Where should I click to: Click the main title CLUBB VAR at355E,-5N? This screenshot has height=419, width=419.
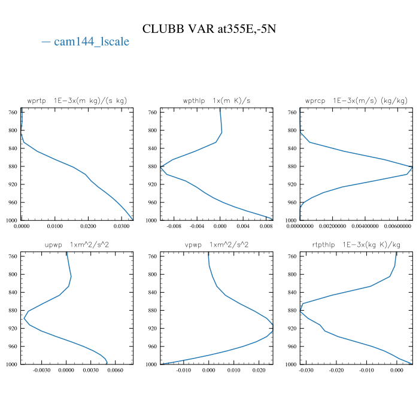pyautogui.click(x=209, y=29)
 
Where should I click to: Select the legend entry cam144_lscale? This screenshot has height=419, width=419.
pyautogui.click(x=86, y=42)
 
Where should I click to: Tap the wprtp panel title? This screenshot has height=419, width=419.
pyautogui.click(x=77, y=101)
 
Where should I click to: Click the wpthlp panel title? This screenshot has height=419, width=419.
pyautogui.click(x=217, y=101)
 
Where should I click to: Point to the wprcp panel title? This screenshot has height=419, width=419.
pyautogui.click(x=356, y=101)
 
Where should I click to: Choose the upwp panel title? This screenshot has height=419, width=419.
pyautogui.click(x=77, y=245)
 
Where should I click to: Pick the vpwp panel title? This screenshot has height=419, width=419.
pyautogui.click(x=217, y=245)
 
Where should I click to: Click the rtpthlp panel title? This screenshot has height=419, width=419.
pyautogui.click(x=356, y=245)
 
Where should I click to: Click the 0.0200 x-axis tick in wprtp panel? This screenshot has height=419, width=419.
pyautogui.click(x=88, y=227)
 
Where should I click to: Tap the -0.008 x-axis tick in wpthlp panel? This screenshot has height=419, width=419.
pyautogui.click(x=174, y=227)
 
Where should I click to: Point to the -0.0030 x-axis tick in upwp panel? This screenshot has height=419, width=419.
pyautogui.click(x=41, y=371)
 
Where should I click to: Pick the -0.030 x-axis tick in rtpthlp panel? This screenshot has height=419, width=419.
pyautogui.click(x=306, y=371)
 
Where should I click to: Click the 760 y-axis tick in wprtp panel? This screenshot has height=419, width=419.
pyautogui.click(x=13, y=113)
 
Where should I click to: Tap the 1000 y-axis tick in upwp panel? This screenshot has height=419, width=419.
pyautogui.click(x=11, y=365)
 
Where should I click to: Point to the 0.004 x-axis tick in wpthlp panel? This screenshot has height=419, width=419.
pyautogui.click(x=243, y=227)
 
